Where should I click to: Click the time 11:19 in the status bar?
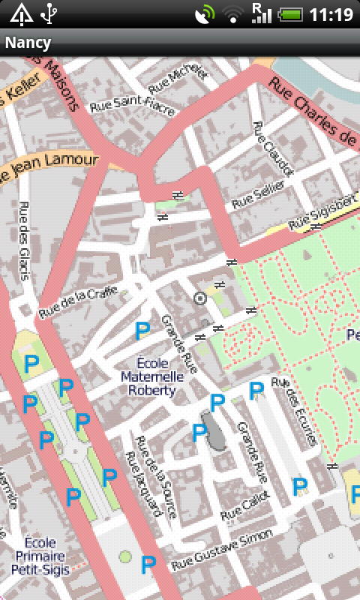pos(331,14)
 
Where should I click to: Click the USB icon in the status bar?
pos(49,13)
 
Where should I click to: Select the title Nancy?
pos(28,43)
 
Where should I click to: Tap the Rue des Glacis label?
pos(25,241)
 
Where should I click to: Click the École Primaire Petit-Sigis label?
pos(40,556)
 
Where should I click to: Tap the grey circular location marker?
pos(199,298)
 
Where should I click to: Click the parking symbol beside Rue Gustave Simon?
pos(148,565)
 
